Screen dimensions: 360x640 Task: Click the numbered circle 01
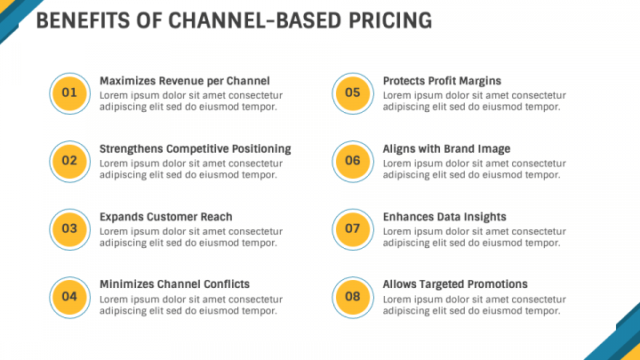tap(69, 93)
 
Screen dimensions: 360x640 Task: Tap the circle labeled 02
tap(69, 161)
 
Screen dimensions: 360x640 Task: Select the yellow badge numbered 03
tap(69, 228)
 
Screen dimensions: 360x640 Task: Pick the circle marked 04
tap(69, 296)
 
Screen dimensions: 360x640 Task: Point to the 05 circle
tap(353, 93)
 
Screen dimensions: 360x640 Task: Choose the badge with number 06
tap(353, 161)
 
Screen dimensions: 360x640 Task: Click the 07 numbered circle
tap(353, 228)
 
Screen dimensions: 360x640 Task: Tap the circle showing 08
tap(353, 296)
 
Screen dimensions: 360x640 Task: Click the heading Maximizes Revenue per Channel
tap(184, 81)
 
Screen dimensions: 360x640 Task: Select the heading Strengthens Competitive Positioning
tap(195, 148)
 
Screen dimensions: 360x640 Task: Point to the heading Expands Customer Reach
tap(165, 217)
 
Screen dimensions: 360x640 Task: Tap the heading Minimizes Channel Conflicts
tap(174, 284)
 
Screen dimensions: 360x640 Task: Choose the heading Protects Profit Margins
tap(442, 81)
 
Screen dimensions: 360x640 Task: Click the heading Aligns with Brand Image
tap(446, 148)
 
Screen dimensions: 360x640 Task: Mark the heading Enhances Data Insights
tap(444, 217)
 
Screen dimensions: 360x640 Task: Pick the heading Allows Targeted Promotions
tap(455, 284)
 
